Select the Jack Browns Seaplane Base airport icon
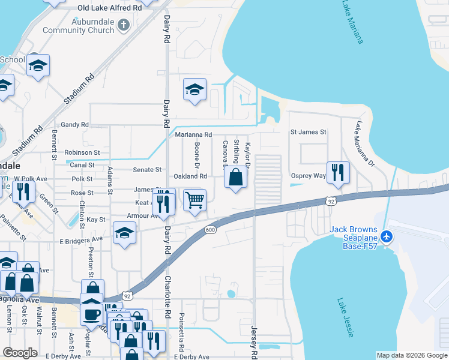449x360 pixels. coord(387,236)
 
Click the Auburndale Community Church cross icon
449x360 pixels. coord(124,25)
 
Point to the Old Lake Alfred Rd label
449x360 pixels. coord(110,8)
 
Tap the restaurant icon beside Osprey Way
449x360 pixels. coord(337,172)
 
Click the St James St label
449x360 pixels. coord(308,131)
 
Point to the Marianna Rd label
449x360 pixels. coord(194,134)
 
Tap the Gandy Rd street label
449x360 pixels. coord(74,125)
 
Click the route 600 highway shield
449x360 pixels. coord(210,229)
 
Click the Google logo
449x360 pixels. coord(20,353)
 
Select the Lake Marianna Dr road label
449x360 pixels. coord(364,144)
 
